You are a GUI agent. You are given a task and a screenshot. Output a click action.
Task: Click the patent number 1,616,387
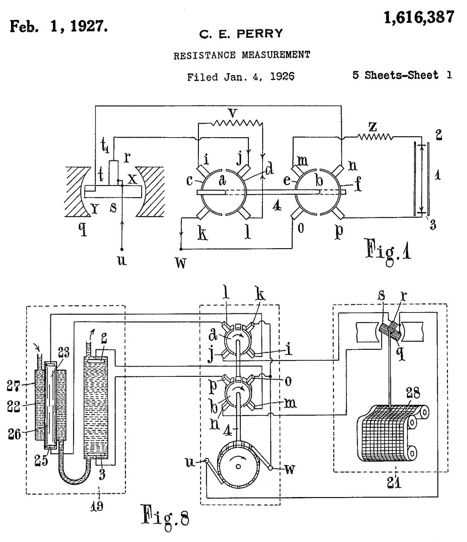[x=419, y=17]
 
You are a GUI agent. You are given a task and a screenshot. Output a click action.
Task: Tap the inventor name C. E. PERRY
[x=241, y=34]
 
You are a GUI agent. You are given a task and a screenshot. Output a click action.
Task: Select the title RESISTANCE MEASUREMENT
[x=242, y=55]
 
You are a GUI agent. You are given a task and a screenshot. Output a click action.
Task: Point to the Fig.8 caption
[x=165, y=515]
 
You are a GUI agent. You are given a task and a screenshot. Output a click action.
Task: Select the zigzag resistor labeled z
[x=375, y=137]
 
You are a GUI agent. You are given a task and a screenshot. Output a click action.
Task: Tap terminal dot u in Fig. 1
[x=122, y=249]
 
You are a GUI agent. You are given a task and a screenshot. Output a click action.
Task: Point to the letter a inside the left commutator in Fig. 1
[x=222, y=180]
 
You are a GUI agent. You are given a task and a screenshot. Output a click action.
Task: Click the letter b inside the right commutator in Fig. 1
[x=319, y=180]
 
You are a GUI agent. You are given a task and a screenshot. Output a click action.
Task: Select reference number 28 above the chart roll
[x=413, y=393]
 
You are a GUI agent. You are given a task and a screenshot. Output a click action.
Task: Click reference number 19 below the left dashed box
[x=96, y=506]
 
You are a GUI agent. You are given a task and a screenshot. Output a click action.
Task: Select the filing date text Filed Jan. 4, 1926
[x=240, y=77]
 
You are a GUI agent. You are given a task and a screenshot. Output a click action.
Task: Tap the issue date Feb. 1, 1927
[x=59, y=26]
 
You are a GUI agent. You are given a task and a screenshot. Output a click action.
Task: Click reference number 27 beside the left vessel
[x=14, y=386]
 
